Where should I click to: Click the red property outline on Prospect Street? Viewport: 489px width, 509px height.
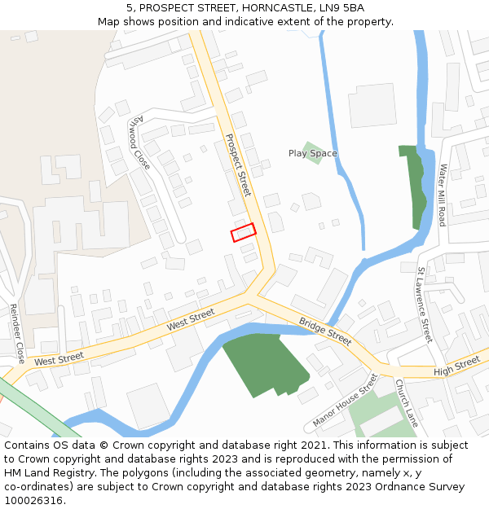(x=243, y=233)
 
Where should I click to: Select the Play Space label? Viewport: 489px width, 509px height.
(x=312, y=153)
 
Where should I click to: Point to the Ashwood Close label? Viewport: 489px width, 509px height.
(x=140, y=143)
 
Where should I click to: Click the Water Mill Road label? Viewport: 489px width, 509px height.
(x=443, y=195)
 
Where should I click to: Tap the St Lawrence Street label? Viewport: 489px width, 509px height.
(x=423, y=304)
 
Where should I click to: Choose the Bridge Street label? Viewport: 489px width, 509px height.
(x=325, y=331)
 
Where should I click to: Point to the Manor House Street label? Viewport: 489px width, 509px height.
(x=346, y=401)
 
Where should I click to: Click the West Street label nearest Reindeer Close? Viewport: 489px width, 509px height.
(x=59, y=358)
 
